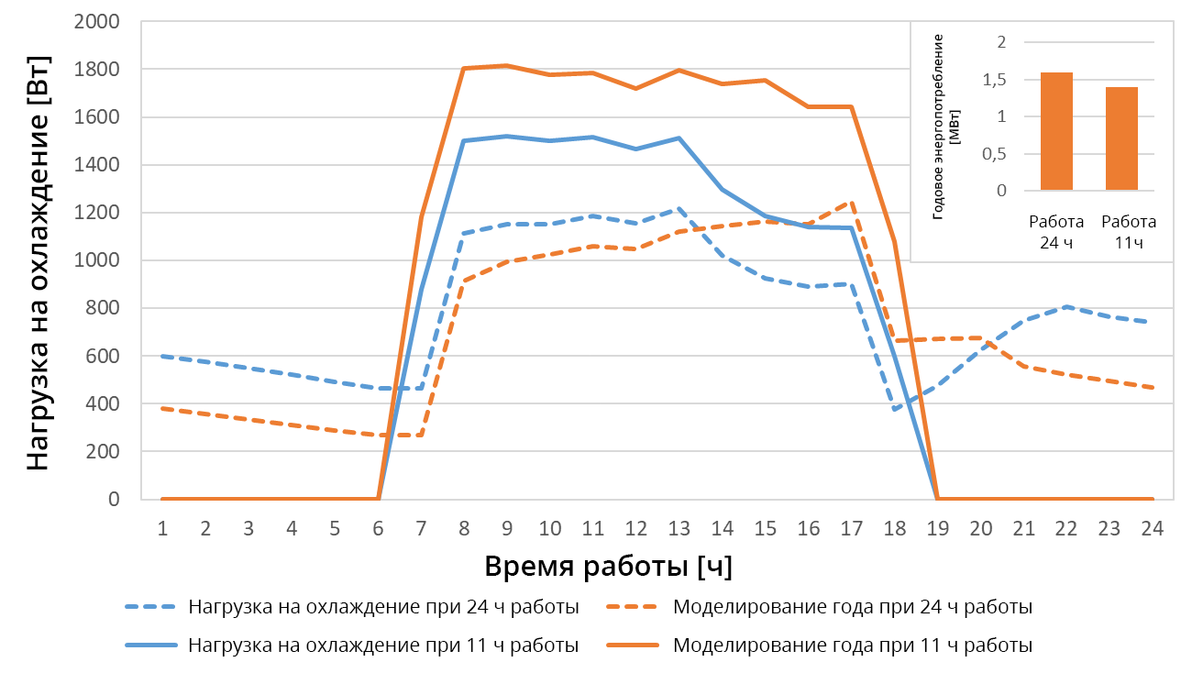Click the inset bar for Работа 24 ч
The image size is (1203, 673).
1056,131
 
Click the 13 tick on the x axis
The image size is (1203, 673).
679,529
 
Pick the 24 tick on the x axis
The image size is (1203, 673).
1152,529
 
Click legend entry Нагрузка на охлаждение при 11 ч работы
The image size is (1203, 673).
383,645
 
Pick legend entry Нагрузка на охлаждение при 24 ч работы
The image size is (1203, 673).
383,607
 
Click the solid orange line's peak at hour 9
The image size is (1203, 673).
506,66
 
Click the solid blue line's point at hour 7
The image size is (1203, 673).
421,289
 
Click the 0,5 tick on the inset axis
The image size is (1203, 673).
997,154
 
